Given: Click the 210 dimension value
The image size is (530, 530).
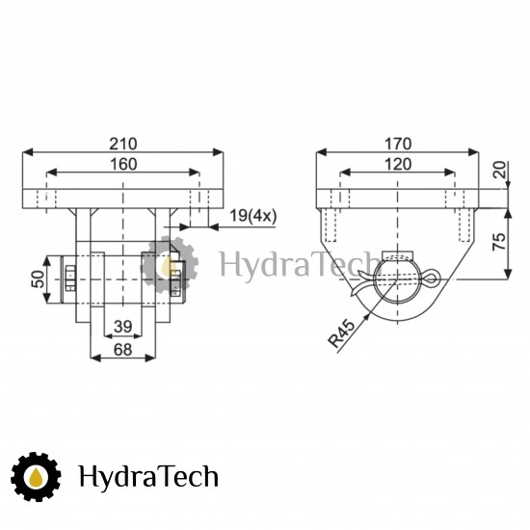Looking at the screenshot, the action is pyautogui.click(x=123, y=144).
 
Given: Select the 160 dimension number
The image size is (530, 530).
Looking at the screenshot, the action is pyautogui.click(x=123, y=164).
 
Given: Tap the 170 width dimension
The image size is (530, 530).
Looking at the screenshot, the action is pyautogui.click(x=398, y=144).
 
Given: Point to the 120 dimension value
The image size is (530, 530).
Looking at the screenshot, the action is pyautogui.click(x=398, y=164).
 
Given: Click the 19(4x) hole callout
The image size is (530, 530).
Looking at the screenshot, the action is pyautogui.click(x=252, y=216).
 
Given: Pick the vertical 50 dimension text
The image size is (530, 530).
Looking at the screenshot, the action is pyautogui.click(x=38, y=279).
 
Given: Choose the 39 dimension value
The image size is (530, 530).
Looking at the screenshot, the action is pyautogui.click(x=123, y=327).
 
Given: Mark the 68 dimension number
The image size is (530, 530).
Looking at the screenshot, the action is pyautogui.click(x=122, y=349).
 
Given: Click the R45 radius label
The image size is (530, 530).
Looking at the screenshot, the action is pyautogui.click(x=342, y=333).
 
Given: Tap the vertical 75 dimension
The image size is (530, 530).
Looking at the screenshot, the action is pyautogui.click(x=499, y=241).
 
